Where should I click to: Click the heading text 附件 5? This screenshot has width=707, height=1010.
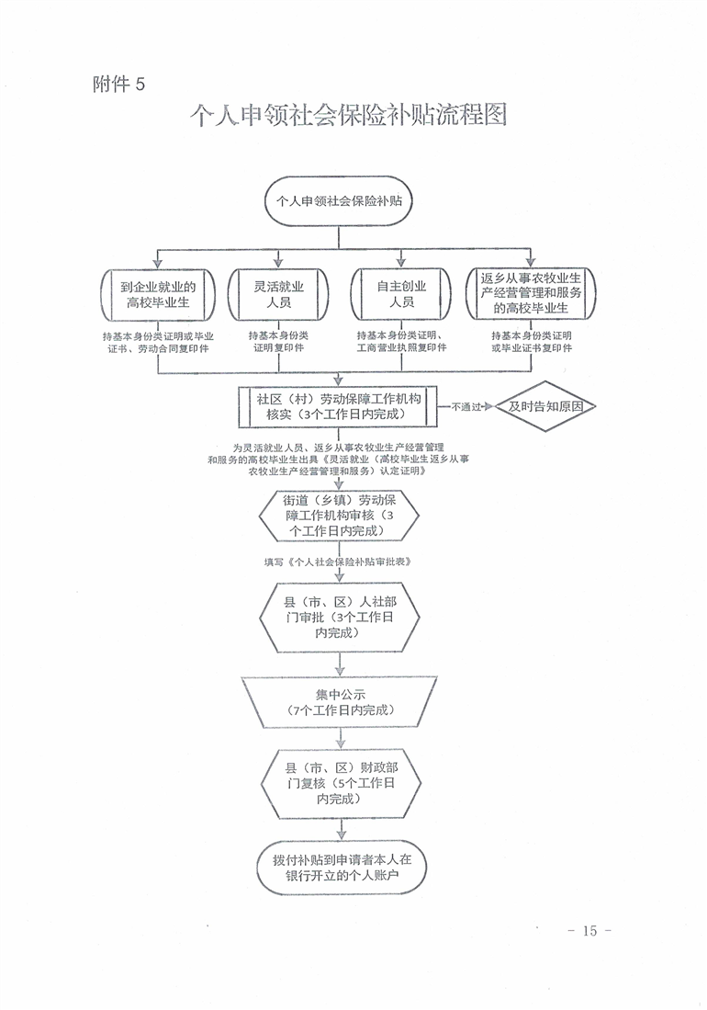point(119,84)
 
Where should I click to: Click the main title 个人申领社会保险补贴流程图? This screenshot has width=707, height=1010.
point(349,115)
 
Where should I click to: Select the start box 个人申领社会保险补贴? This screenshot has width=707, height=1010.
point(339,201)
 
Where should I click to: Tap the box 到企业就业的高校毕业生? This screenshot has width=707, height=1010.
point(158,295)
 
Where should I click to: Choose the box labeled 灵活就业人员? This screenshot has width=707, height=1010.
point(278,294)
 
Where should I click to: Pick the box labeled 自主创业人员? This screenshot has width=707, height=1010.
point(401,294)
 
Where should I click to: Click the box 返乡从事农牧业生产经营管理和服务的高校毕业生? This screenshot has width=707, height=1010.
point(531,294)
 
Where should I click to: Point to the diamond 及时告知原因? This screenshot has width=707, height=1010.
point(545,406)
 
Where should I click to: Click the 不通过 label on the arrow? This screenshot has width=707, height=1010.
point(466,407)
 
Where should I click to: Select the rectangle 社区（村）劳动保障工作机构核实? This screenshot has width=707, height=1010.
point(338,406)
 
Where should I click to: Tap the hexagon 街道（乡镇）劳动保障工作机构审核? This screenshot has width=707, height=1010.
point(339,516)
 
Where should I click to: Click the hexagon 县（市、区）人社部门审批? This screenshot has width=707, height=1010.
point(340,617)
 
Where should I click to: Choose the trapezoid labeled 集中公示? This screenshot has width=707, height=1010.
point(339,703)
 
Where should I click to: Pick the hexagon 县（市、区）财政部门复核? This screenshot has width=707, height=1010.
point(341,783)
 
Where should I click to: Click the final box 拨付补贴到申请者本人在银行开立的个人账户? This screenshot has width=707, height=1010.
point(342,867)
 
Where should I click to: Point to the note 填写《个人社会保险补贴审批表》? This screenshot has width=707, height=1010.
point(338,562)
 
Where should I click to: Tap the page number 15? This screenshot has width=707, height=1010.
point(589,931)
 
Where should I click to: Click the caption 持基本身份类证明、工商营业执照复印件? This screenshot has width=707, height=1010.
point(401,341)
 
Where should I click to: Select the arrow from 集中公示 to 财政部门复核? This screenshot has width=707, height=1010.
point(341,739)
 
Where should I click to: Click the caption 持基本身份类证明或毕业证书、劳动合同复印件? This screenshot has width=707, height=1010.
point(158,342)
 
